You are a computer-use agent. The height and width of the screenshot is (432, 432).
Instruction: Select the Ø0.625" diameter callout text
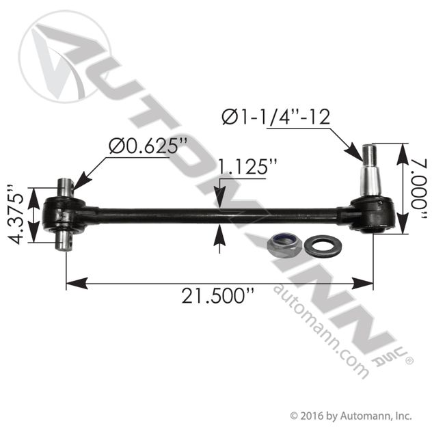150,146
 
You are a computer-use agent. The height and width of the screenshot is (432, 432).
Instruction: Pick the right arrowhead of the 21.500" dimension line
367,280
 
